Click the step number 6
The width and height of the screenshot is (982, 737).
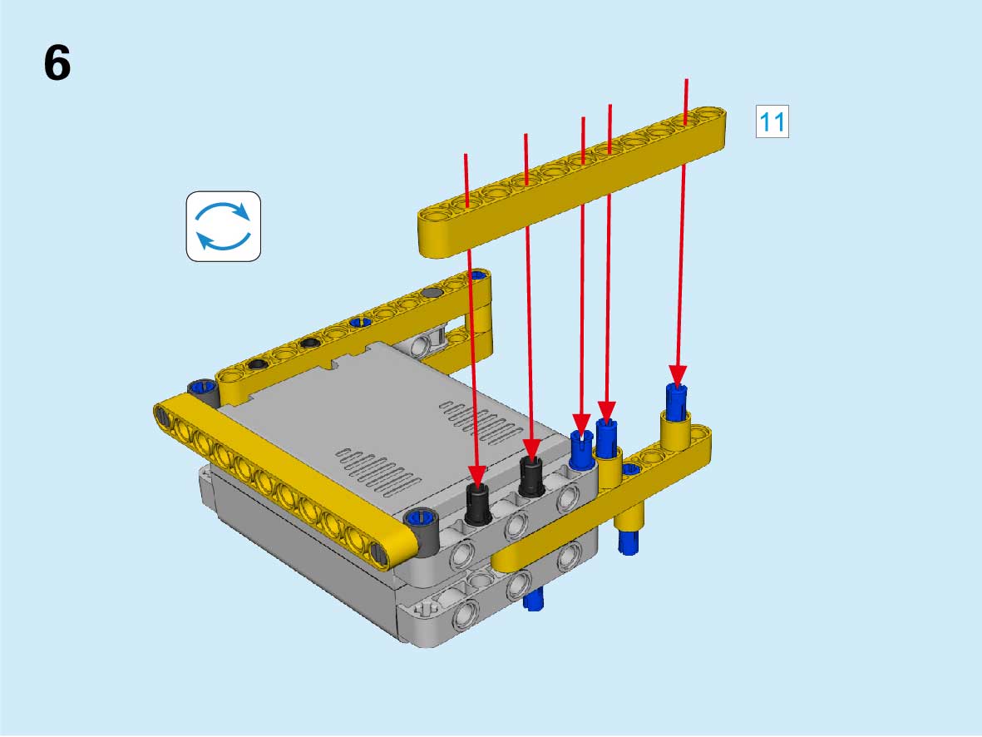57,63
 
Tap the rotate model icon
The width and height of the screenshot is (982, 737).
224,226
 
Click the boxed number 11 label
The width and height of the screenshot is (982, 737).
772,121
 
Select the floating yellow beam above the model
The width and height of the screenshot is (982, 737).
572,181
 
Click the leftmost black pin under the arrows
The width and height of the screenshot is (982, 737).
478,504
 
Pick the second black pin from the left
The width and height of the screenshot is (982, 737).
532,477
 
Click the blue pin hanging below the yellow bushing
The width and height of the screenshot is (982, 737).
628,541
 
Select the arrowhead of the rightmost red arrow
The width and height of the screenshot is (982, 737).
678,375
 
